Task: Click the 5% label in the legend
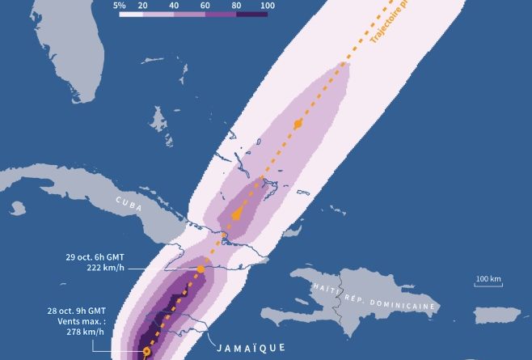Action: (119, 5)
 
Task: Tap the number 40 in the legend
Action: (175, 5)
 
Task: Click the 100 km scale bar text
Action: (488, 279)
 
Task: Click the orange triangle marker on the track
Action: (236, 214)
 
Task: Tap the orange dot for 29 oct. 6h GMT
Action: (201, 268)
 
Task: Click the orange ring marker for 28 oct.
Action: (146, 352)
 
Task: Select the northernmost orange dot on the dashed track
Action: (298, 124)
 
